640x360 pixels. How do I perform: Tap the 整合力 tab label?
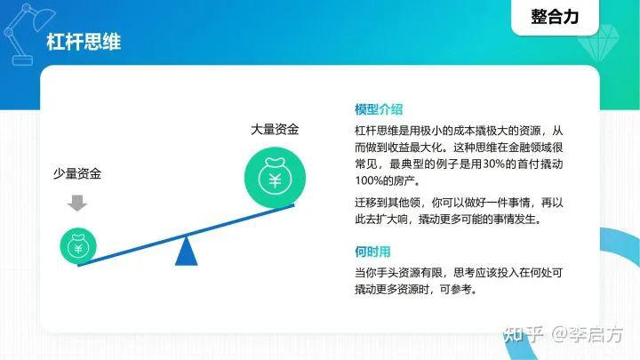pyautogui.click(x=554, y=16)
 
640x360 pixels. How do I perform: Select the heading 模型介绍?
pyautogui.click(x=379, y=110)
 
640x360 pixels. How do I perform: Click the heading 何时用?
pyautogui.click(x=372, y=252)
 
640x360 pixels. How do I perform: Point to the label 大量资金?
pyautogui.click(x=275, y=129)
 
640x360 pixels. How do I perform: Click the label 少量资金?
pyautogui.click(x=77, y=174)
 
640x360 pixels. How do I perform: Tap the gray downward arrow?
pyautogui.click(x=78, y=203)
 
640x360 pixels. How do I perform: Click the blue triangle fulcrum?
pyautogui.click(x=186, y=253)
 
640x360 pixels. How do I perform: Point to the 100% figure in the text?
pyautogui.click(x=373, y=181)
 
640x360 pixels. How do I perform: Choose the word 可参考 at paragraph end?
pyautogui.click(x=459, y=289)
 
